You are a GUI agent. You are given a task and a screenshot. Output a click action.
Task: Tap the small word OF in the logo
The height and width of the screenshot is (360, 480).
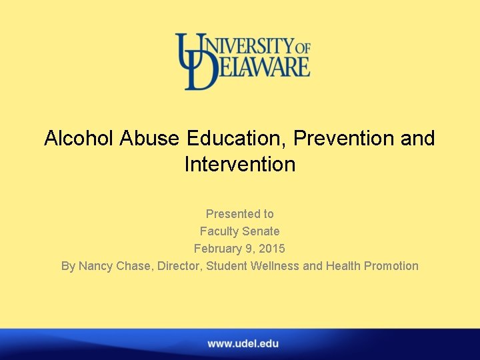[x=303, y=47]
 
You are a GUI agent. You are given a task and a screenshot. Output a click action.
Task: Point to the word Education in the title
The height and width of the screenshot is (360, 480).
[x=241, y=139]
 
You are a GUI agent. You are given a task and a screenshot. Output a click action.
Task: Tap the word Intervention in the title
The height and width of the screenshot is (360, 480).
[x=240, y=165]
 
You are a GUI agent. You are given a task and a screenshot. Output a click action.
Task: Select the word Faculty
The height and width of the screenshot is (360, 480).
[x=219, y=231]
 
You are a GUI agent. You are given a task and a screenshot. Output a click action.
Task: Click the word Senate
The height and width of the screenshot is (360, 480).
[x=261, y=231]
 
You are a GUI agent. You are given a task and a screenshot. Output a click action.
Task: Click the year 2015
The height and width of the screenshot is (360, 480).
[x=272, y=249]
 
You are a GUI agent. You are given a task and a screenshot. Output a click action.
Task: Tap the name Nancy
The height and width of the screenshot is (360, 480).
[x=96, y=266]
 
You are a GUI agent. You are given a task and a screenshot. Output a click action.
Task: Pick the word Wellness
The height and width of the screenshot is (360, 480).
[x=274, y=266]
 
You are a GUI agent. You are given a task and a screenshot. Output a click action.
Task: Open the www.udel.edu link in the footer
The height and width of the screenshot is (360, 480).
[x=243, y=344]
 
